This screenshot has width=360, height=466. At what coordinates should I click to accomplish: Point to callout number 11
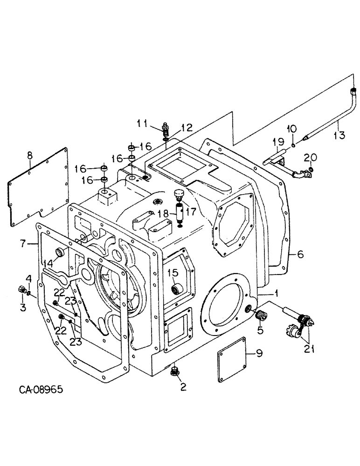[x=142, y=123]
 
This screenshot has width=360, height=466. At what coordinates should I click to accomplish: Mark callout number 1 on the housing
[x=277, y=294]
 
